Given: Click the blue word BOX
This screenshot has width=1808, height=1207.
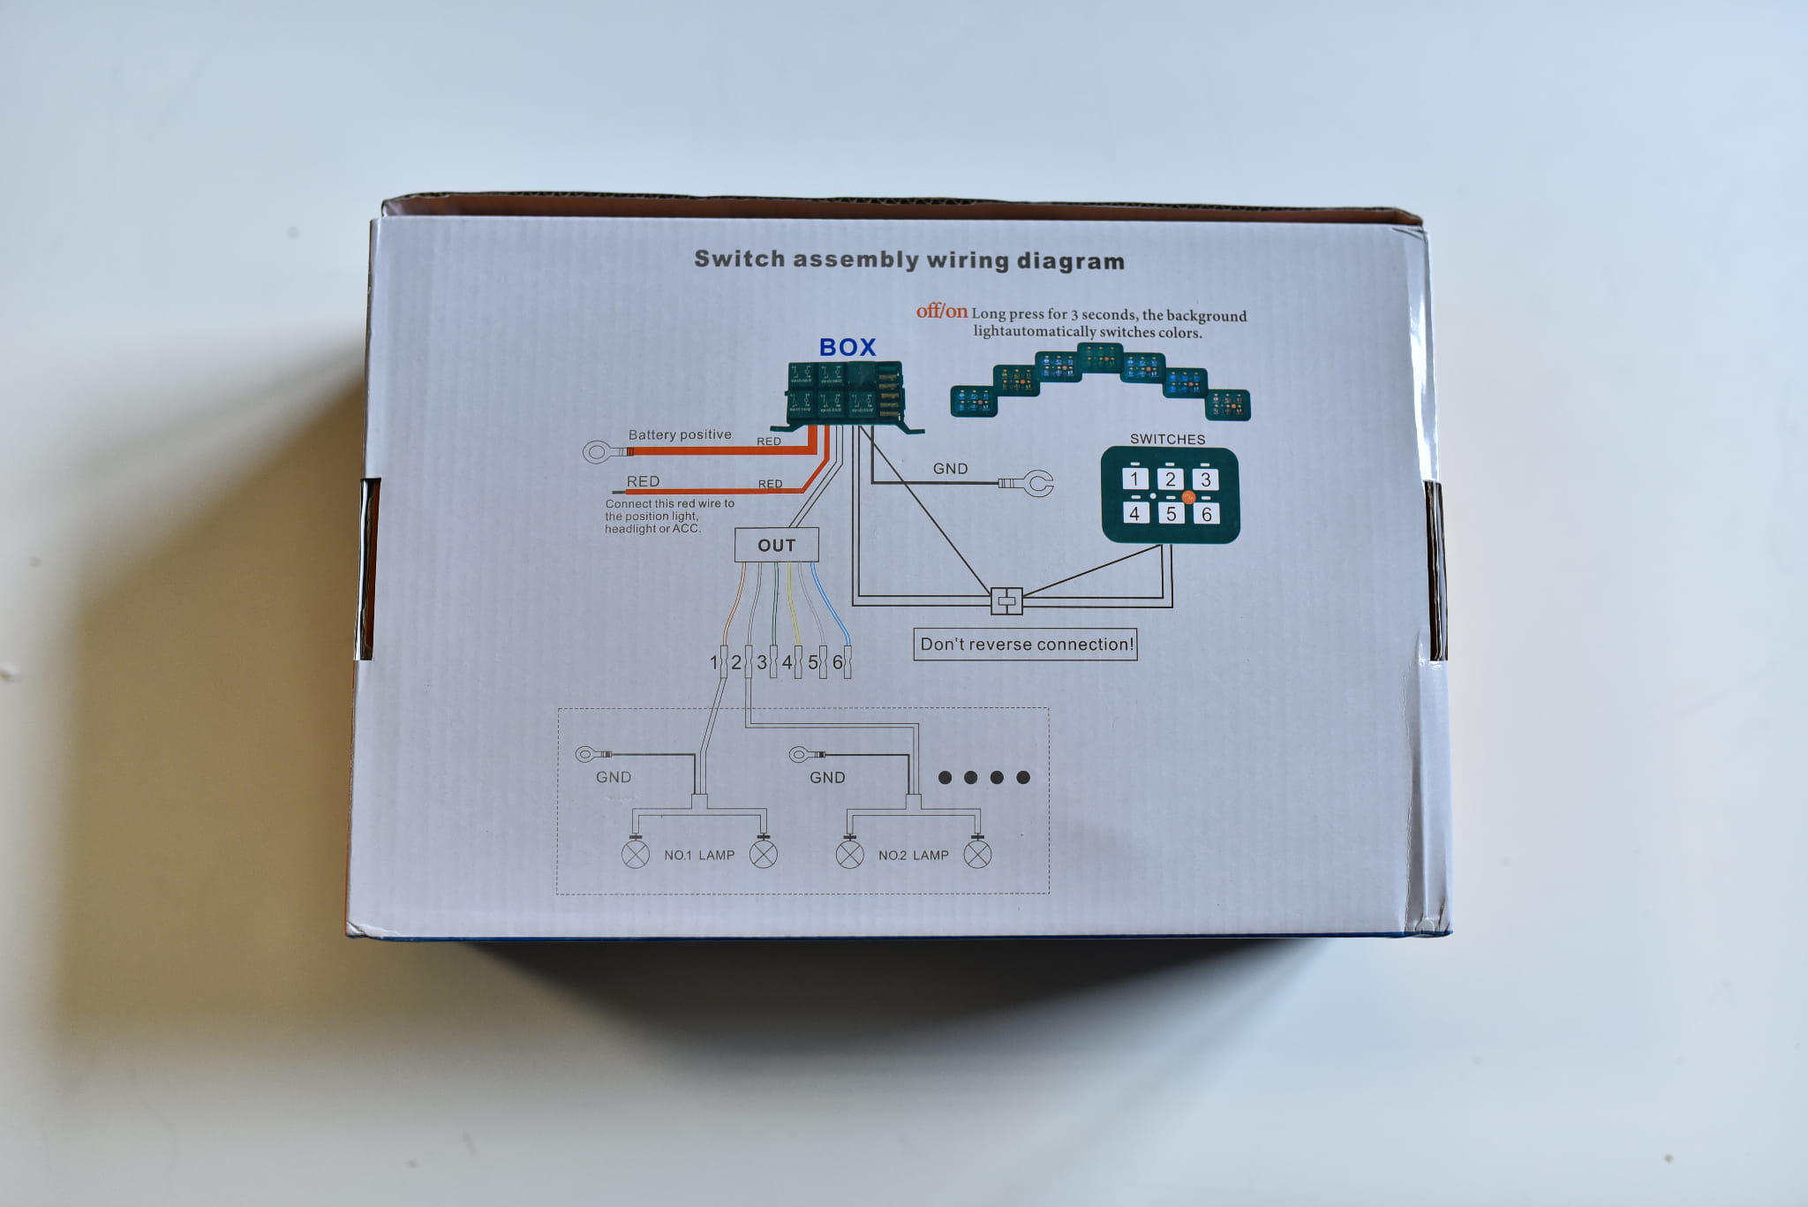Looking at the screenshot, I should tap(847, 347).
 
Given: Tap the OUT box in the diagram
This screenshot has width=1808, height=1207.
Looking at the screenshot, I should tap(776, 545).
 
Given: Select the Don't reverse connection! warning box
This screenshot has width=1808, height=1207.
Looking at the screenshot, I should tap(1025, 644).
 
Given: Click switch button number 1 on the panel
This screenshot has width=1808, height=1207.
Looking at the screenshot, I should tap(1134, 479).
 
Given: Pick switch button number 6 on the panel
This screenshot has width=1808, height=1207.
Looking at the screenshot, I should tap(1206, 513).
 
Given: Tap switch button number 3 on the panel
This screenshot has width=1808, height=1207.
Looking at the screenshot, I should tap(1205, 479).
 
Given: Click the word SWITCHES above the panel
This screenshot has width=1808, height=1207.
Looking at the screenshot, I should tap(1167, 439).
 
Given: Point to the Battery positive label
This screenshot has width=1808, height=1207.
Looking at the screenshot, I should tap(680, 434).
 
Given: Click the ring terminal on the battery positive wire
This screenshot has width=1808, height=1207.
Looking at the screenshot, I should tap(598, 453).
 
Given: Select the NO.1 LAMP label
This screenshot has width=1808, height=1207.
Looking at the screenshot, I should tap(699, 855).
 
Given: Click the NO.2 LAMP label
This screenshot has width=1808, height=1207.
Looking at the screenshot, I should tap(913, 855).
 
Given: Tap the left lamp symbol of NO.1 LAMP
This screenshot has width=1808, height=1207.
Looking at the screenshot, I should tap(636, 855).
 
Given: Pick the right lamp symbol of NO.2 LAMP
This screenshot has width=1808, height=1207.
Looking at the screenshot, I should tap(977, 854).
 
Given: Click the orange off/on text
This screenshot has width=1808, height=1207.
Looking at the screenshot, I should tap(941, 311).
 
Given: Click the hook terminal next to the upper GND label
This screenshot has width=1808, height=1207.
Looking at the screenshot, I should tap(1037, 483).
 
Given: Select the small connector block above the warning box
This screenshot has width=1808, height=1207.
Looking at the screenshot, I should tap(1006, 600).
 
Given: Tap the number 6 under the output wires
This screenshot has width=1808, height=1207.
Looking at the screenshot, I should tap(837, 661).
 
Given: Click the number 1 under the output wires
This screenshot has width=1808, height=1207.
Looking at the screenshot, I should tap(714, 661).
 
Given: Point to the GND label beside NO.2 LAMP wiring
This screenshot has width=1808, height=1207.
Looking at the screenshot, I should tap(827, 777).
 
